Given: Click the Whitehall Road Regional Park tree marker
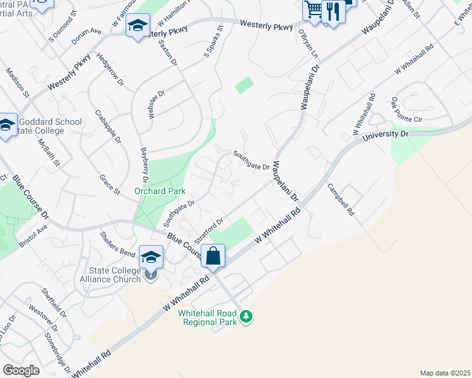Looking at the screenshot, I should point(247,316).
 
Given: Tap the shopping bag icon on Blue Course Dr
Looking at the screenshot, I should point(213,256).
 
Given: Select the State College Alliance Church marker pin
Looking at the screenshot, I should point(150,275).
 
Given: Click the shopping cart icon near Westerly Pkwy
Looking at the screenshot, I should point(313,9).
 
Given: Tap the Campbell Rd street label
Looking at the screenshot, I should point(340,200).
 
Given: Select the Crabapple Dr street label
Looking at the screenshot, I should point(107,126).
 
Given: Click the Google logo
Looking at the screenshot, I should point(21,370).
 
